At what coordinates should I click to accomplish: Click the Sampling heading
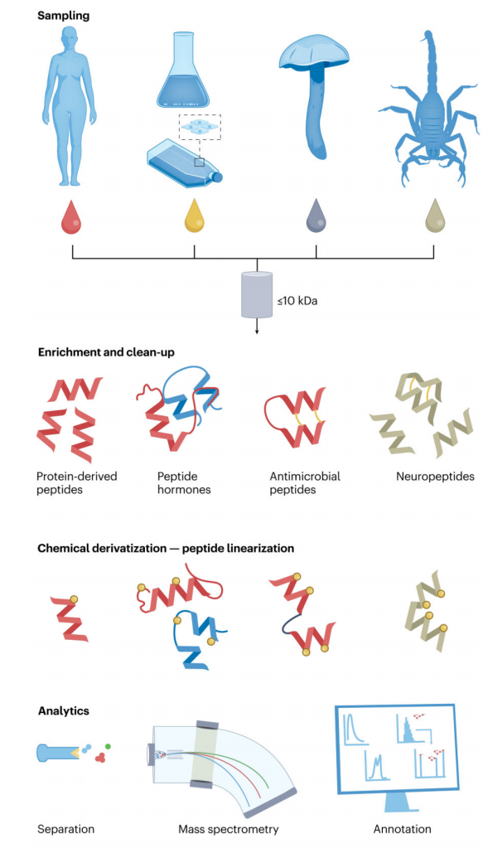pyautogui.click(x=63, y=16)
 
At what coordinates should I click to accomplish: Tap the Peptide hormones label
pyautogui.click(x=184, y=482)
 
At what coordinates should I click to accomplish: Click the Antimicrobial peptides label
pyautogui.click(x=305, y=482)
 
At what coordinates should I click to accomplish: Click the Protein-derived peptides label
pyautogui.click(x=77, y=482)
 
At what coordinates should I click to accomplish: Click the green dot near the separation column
pyautogui.click(x=108, y=746)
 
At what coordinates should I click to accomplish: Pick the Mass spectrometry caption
pyautogui.click(x=229, y=829)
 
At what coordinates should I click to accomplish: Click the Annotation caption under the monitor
pyautogui.click(x=401, y=829)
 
